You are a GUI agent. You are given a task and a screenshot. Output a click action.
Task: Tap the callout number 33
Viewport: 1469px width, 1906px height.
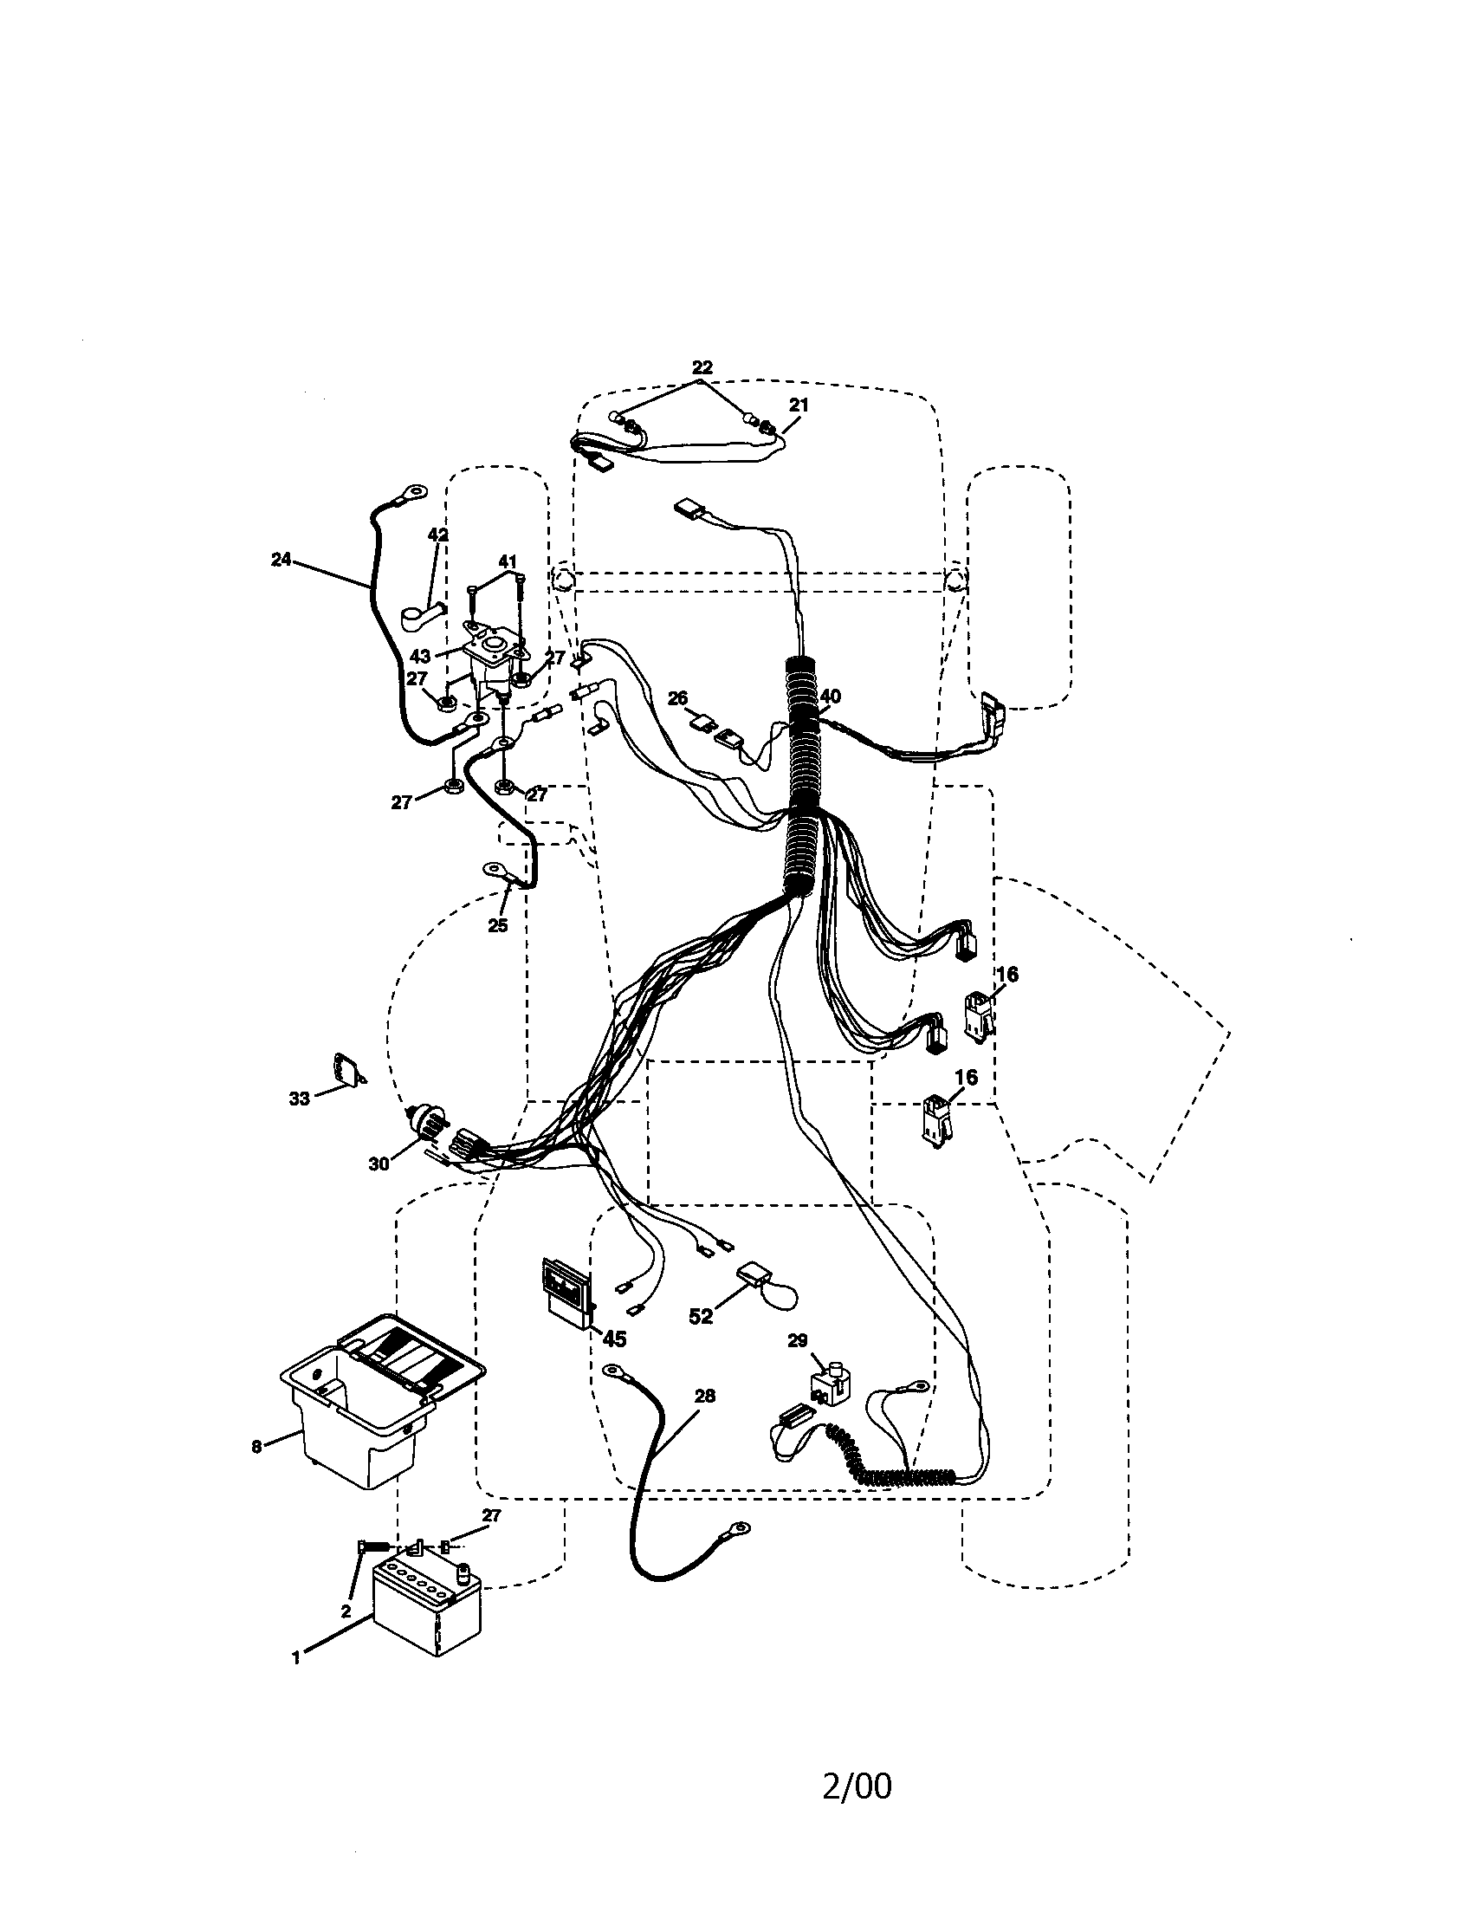click(299, 1099)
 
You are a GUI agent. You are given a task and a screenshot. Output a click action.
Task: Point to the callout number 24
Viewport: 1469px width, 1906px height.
click(281, 561)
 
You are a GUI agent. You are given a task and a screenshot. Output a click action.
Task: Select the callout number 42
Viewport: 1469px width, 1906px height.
click(438, 535)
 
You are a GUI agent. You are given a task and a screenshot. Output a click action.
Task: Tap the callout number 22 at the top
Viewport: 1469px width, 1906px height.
click(702, 367)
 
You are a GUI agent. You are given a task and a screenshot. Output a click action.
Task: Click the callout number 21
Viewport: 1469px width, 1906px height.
click(799, 405)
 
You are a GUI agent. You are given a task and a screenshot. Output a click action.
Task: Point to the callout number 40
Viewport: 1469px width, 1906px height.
click(830, 697)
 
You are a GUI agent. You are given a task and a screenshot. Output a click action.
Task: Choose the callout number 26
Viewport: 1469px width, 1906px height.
click(678, 698)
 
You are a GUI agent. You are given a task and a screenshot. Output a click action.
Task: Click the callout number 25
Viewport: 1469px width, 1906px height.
click(497, 925)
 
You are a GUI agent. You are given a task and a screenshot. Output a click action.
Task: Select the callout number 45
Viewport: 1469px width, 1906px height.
click(614, 1338)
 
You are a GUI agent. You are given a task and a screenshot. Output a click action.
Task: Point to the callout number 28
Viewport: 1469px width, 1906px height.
click(705, 1396)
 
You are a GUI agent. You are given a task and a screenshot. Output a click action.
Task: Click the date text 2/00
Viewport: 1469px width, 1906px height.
click(857, 1807)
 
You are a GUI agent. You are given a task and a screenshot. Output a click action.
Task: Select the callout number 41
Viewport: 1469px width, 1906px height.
click(508, 561)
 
